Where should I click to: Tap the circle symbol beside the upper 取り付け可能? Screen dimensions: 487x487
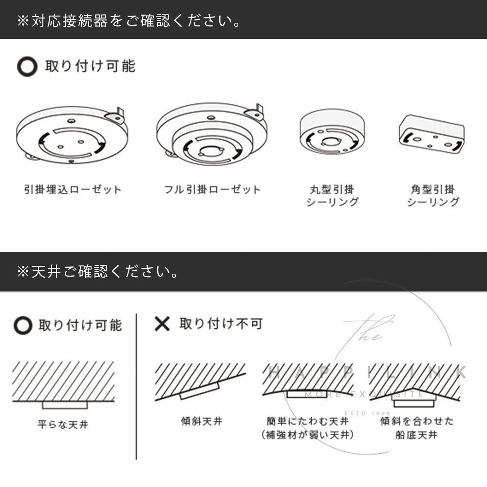pyautogui.click(x=27, y=66)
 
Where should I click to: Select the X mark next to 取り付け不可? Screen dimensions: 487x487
pyautogui.click(x=162, y=324)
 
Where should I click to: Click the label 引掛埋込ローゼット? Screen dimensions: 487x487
pyautogui.click(x=73, y=189)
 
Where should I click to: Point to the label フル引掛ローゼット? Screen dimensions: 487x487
pyautogui.click(x=212, y=189)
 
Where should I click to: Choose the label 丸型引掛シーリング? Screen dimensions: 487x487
pyautogui.click(x=332, y=196)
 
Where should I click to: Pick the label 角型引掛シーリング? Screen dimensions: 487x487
pyautogui.click(x=433, y=196)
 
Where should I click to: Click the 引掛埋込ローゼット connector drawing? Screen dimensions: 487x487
pyautogui.click(x=72, y=134)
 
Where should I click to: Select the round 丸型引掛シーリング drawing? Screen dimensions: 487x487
pyautogui.click(x=332, y=131)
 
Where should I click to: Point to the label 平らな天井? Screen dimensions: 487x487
pyautogui.click(x=63, y=425)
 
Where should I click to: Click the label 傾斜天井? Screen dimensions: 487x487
pyautogui.click(x=202, y=421)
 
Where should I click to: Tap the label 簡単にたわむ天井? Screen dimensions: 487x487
pyautogui.click(x=307, y=421)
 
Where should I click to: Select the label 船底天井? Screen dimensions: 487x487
pyautogui.click(x=416, y=435)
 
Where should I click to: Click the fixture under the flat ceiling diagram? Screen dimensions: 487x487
pyautogui.click(x=65, y=405)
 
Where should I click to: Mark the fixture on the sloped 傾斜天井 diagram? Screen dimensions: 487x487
pyautogui.click(x=200, y=391)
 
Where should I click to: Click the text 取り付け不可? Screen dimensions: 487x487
pyautogui.click(x=221, y=324)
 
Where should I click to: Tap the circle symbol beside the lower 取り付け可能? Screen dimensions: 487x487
pyautogui.click(x=23, y=325)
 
